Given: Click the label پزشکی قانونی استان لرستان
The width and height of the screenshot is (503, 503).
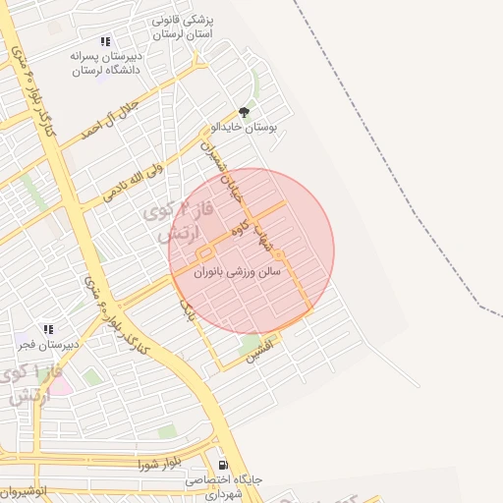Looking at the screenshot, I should click(190, 27).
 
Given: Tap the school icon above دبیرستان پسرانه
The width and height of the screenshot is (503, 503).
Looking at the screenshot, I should click(105, 42).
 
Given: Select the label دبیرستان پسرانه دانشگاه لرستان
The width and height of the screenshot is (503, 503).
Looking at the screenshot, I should click(105, 64).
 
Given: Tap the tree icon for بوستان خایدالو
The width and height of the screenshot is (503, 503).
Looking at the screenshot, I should click(244, 113).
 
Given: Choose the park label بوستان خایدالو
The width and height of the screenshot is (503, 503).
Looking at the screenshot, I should click(245, 129).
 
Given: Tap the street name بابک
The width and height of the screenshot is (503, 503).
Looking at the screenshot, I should click(187, 312).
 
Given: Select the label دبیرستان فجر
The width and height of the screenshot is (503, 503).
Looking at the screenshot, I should click(46, 345).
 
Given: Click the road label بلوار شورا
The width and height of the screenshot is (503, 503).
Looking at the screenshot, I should click(161, 462).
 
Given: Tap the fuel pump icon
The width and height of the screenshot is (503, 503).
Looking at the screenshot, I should click(223, 465).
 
